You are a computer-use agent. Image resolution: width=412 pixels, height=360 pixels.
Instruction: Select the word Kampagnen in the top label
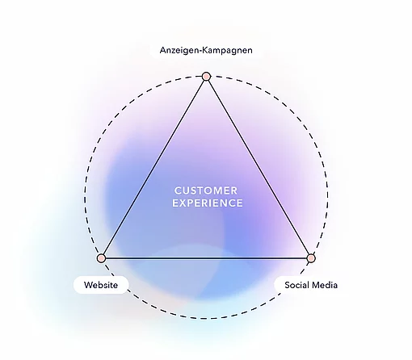227,50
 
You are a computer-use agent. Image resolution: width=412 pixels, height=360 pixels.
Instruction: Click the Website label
101,285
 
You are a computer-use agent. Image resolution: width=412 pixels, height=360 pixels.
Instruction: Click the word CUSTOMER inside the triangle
206,190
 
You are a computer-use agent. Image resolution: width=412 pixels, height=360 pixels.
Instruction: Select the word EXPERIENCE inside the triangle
208,203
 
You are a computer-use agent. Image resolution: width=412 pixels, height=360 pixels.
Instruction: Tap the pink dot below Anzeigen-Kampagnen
206,77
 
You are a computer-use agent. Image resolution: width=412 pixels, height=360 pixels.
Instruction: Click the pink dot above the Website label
101,258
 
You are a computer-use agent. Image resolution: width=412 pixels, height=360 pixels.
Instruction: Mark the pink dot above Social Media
311,258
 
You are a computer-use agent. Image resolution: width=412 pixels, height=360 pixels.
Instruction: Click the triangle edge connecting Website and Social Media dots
206,258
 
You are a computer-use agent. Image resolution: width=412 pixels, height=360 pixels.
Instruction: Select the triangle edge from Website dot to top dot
153,167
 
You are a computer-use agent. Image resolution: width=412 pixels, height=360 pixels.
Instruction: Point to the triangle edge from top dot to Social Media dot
259,167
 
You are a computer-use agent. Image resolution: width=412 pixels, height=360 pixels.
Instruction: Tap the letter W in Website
88,285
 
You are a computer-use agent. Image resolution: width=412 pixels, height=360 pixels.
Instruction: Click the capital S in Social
288,285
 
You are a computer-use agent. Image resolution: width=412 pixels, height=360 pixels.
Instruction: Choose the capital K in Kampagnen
204,50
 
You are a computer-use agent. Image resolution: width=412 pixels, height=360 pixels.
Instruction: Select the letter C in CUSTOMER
178,190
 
